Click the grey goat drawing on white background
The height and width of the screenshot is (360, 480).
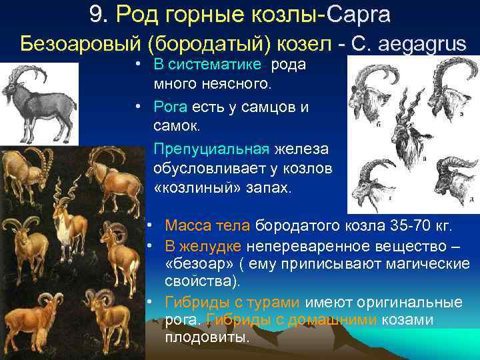click(x=38, y=100)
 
